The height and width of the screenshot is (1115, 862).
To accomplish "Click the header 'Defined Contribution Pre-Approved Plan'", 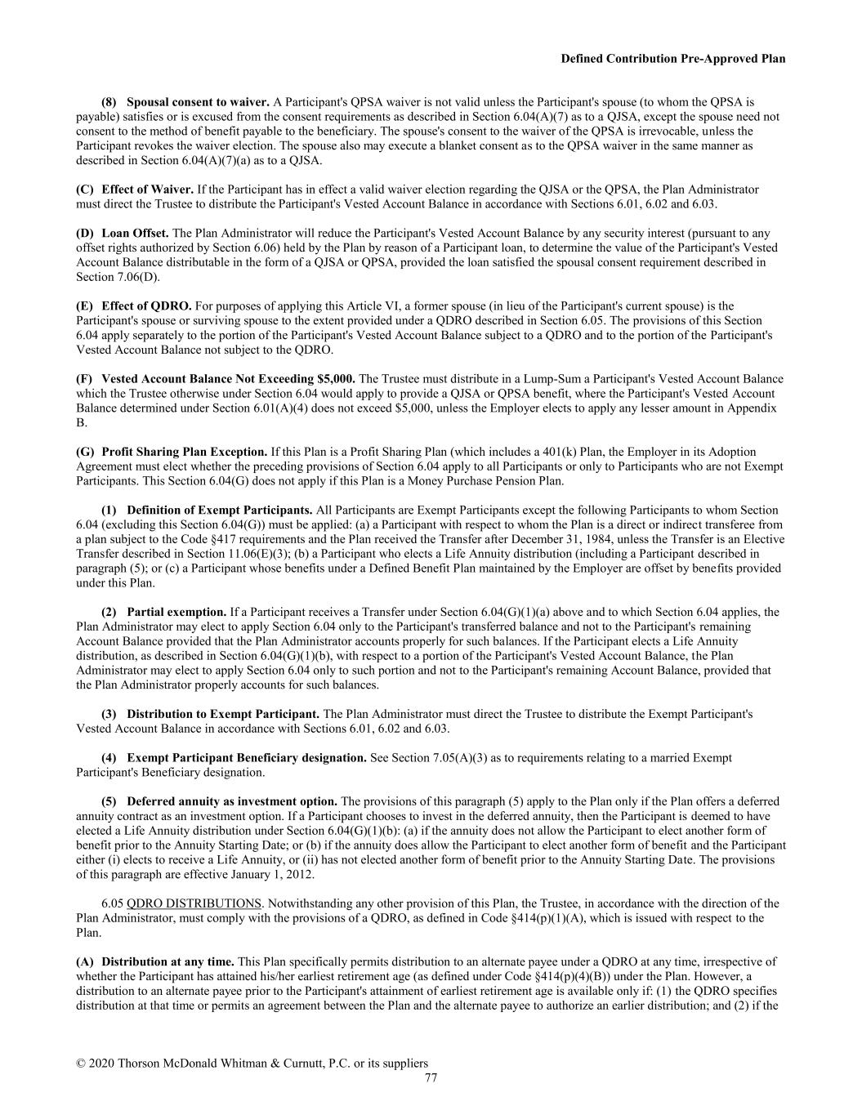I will (x=672, y=59).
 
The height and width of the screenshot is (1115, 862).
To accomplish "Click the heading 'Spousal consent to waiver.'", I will (x=198, y=102).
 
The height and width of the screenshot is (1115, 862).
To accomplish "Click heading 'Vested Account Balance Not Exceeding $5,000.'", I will (x=228, y=379).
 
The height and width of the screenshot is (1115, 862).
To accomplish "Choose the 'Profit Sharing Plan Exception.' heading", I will (x=184, y=452).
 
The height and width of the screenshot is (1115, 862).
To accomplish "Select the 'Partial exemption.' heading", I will (x=176, y=612).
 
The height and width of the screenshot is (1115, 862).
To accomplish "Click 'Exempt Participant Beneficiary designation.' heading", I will (x=246, y=758).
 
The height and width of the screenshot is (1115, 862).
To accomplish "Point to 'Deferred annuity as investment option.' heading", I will (x=232, y=801).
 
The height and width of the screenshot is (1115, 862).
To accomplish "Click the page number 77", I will (x=431, y=1077).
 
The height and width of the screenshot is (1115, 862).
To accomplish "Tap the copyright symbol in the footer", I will (x=81, y=1064).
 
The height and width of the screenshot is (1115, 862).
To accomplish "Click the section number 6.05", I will (x=112, y=903).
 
